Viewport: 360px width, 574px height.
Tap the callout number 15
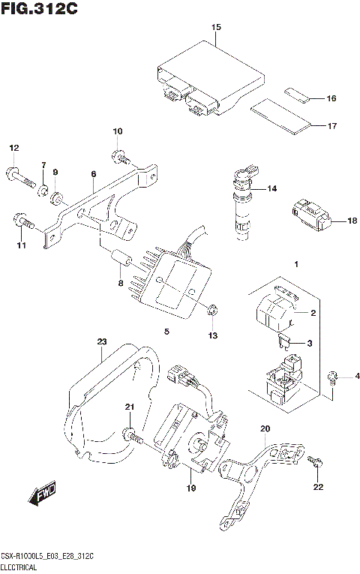tap(216, 28)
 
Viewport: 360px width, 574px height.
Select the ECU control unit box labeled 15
tap(208, 80)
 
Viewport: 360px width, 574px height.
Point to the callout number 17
tap(331, 126)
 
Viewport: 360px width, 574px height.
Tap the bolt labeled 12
tap(20, 176)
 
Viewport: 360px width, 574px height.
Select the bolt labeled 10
tap(119, 157)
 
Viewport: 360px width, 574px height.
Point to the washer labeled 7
tap(44, 188)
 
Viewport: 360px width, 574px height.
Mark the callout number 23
tap(102, 342)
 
